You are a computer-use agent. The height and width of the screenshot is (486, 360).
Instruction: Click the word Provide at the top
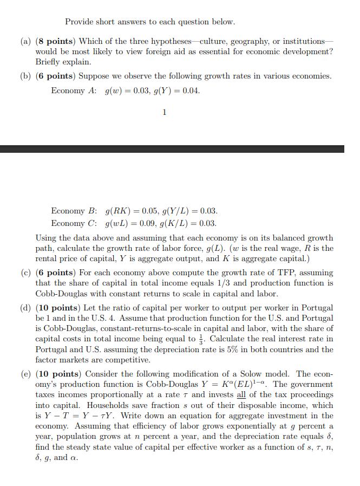click(80, 22)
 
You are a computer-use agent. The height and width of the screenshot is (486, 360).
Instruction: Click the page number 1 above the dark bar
click(165, 112)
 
